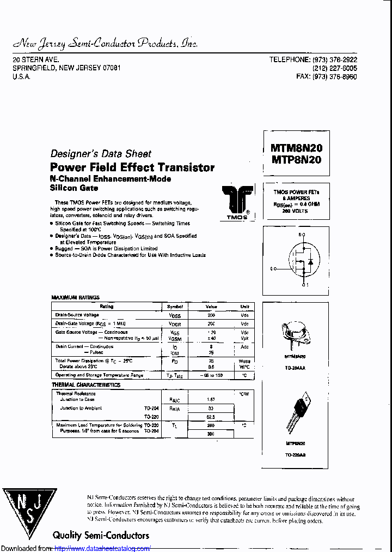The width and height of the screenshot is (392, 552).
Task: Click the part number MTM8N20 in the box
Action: coord(296,148)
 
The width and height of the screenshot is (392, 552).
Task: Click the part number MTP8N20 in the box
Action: coord(296,160)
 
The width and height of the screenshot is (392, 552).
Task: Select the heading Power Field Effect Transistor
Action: coord(132,167)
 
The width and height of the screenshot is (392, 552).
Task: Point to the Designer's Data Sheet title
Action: coord(101,154)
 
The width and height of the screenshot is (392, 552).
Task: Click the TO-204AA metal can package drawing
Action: coord(295,337)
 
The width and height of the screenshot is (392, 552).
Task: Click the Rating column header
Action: coord(106,307)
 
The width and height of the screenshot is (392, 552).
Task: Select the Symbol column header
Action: coord(175,307)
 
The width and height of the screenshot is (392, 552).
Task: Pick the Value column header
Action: coord(211,307)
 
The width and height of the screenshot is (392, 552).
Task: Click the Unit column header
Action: coord(244,307)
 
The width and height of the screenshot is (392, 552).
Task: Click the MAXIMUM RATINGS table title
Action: coord(76,297)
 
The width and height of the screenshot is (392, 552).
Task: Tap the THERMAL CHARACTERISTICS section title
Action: coord(85,385)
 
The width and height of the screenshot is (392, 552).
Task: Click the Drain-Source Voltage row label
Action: coord(77,315)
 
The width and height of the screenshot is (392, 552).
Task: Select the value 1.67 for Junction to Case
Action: coord(211,399)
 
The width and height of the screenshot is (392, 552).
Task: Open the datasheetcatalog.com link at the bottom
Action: coord(103,548)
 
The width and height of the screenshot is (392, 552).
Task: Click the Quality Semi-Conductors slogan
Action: coord(101,535)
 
